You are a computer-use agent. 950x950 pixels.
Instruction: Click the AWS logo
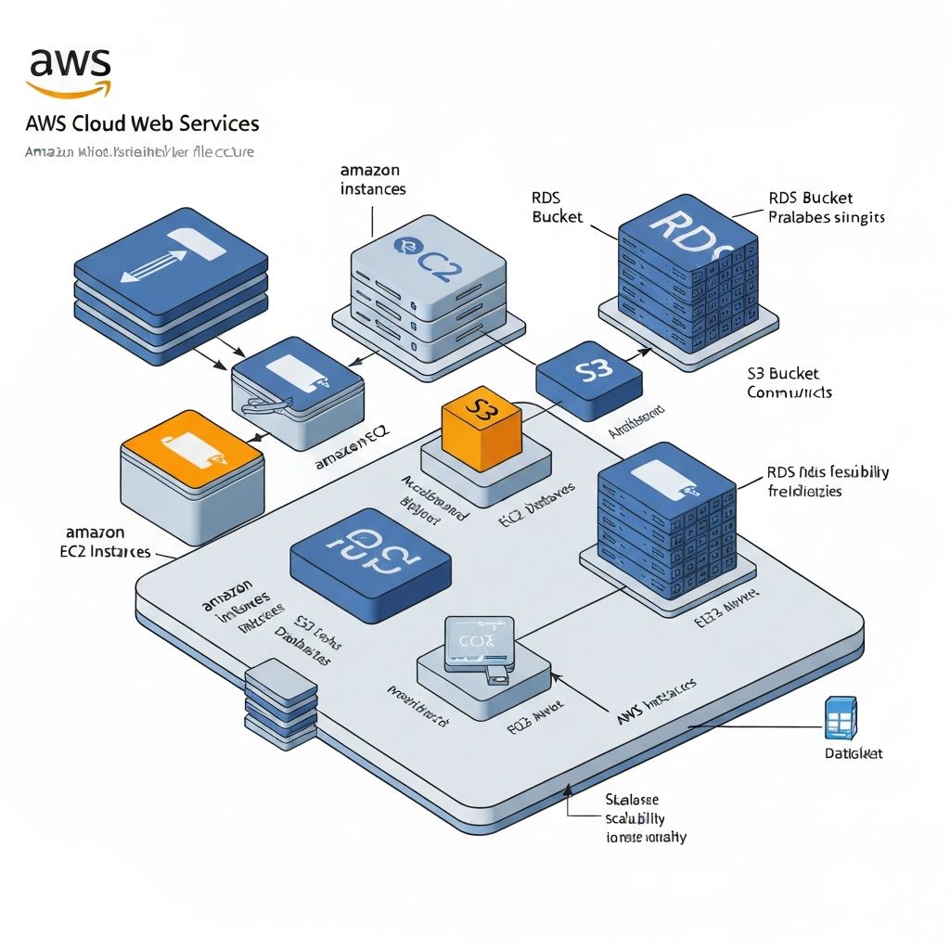coord(69,71)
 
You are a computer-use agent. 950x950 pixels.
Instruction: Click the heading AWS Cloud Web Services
coord(142,123)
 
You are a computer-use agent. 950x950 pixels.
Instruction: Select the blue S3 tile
coord(589,373)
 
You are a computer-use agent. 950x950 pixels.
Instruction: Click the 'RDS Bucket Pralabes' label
coord(826,208)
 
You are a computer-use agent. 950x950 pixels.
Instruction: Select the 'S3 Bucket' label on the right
coord(784,374)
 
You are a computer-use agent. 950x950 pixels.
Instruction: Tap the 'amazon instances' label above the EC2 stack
coord(372,179)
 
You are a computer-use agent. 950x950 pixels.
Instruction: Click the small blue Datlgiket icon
coord(840,719)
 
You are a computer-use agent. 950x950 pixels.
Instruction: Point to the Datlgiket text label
coord(853,753)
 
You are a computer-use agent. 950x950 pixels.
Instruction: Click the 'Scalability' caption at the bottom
coord(635,817)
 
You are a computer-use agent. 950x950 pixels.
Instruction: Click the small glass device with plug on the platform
coord(478,646)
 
